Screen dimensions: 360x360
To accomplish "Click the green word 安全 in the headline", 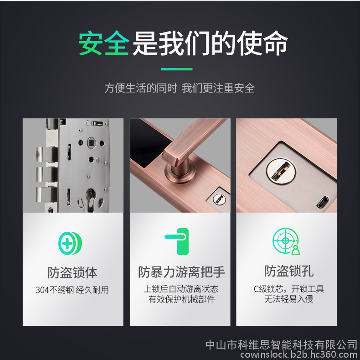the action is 104,43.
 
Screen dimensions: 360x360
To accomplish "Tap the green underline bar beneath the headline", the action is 177,69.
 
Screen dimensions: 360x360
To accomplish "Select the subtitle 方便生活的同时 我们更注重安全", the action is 180,88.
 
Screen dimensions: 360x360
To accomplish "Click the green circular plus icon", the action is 70,243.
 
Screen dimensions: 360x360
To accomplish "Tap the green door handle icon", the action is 177,241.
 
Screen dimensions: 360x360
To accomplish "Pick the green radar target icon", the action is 286,241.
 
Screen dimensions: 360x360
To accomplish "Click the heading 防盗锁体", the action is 72,273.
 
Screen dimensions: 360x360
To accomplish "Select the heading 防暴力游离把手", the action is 181,272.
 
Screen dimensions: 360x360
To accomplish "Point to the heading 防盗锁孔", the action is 288,271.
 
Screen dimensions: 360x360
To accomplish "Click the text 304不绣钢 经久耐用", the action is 72,290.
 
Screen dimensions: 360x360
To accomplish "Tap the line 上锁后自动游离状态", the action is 181,289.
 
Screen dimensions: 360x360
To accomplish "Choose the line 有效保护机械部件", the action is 181,299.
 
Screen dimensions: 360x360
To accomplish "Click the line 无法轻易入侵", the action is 288,299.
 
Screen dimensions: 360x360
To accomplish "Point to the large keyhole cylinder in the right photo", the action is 281,171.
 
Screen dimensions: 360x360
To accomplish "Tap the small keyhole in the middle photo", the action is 219,198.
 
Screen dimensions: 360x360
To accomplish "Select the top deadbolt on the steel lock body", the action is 46,154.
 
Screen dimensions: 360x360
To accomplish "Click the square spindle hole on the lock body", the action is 92,142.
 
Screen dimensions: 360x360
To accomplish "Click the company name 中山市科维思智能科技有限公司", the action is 282,345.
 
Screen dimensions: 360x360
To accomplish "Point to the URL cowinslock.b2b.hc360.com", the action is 299,355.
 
